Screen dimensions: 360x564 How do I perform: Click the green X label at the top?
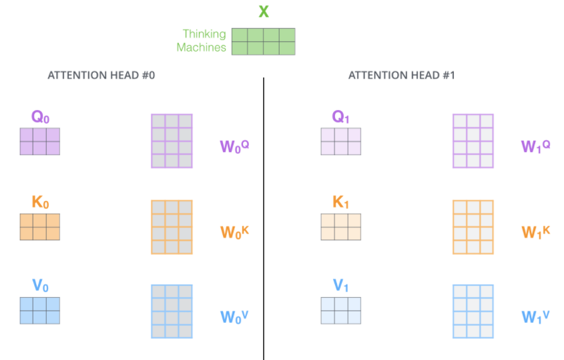pos(264,11)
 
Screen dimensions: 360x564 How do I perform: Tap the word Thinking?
pos(204,34)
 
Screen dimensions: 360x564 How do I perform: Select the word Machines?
pos(201,47)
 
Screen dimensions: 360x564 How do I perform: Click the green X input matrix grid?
pos(263,41)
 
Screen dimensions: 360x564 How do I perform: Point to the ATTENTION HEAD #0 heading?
pos(101,75)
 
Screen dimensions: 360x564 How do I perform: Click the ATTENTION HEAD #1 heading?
pos(402,75)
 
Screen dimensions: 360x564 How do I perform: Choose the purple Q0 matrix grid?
pos(39,141)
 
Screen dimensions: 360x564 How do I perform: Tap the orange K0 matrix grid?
pos(39,226)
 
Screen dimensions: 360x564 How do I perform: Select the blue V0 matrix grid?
pos(39,310)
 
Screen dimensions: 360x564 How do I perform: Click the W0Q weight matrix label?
pos(235,146)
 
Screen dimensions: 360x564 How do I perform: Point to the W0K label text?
pos(235,232)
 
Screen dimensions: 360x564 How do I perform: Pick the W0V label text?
pos(235,316)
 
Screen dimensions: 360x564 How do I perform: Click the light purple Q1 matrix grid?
pos(340,141)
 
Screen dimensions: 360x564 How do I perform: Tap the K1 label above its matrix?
pos(340,202)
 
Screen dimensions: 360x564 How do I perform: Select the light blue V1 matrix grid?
pos(340,310)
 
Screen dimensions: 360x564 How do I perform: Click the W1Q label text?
pos(535,146)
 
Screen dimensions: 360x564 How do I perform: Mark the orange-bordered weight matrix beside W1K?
pos(473,227)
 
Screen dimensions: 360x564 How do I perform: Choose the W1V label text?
pos(535,316)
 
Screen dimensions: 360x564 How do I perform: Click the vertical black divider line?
pos(264,220)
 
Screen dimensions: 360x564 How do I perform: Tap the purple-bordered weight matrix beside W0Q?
pos(172,141)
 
